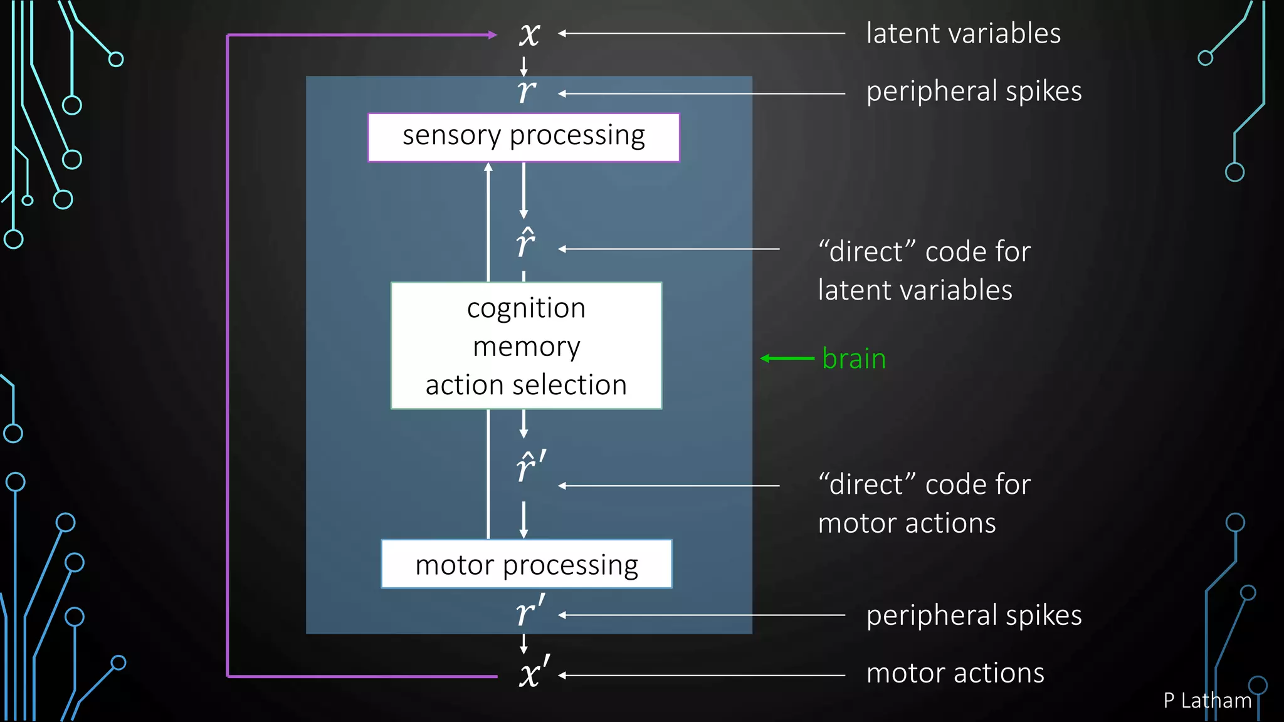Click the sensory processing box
(524, 137)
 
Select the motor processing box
(526, 564)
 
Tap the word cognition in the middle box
(526, 308)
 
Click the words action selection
(526, 385)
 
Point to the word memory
(526, 347)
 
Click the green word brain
(853, 358)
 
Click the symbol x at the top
(529, 34)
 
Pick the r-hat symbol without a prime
(525, 243)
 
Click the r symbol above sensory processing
(526, 92)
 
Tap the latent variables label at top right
(963, 33)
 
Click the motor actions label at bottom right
(955, 674)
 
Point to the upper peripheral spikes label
(974, 92)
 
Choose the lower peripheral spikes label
(974, 615)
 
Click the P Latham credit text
(1207, 701)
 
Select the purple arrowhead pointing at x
(493, 35)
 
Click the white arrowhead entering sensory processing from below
(488, 167)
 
